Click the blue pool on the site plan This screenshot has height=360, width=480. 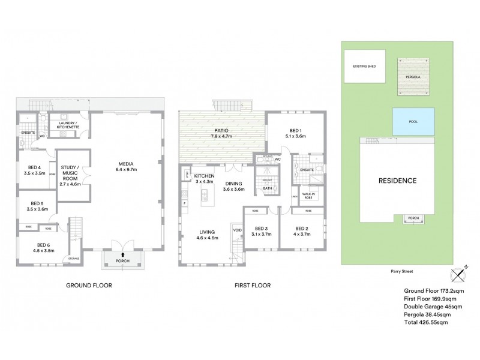coord(414,122)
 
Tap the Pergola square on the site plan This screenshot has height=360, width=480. coord(414,76)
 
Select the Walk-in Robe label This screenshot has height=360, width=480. coord(309,195)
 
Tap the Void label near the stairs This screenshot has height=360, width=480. coord(236,229)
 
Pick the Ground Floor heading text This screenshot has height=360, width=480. coord(89,286)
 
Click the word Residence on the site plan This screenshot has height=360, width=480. coord(397,180)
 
